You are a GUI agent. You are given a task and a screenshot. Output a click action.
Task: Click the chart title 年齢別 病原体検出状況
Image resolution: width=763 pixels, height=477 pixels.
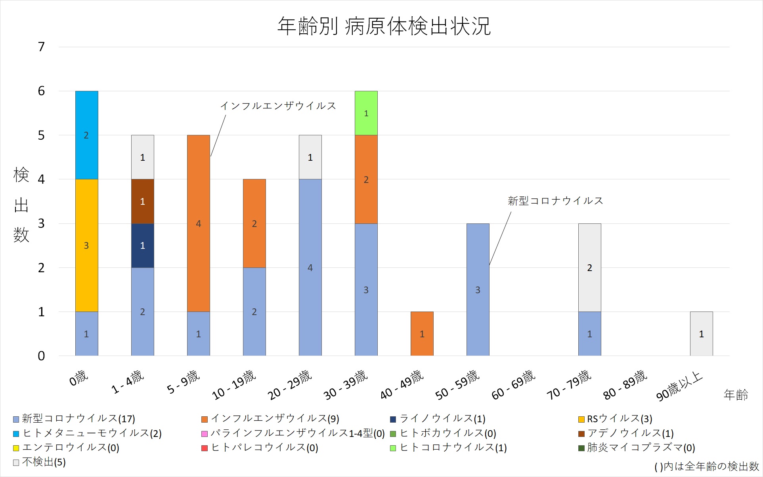pyautogui.click(x=384, y=26)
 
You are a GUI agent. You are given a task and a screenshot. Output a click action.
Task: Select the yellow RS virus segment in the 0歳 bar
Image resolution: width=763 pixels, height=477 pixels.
pyautogui.click(x=86, y=245)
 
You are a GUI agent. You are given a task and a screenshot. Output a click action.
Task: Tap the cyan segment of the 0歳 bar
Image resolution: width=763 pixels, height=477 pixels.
pyautogui.click(x=86, y=135)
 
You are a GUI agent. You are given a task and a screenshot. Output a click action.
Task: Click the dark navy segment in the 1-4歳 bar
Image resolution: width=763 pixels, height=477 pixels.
pyautogui.click(x=143, y=245)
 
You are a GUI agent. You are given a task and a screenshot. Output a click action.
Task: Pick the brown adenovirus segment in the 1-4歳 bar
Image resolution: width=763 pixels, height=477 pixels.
pyautogui.click(x=143, y=201)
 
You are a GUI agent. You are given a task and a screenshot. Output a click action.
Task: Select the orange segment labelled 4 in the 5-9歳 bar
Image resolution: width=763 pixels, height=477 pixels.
pyautogui.click(x=199, y=223)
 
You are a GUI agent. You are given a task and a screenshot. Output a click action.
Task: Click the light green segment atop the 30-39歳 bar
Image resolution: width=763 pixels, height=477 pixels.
pyautogui.click(x=366, y=113)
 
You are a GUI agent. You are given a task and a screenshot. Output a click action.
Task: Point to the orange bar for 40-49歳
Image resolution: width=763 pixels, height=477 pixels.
pyautogui.click(x=422, y=334)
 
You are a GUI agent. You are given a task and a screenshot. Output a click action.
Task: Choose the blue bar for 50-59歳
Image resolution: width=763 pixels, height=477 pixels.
pyautogui.click(x=478, y=290)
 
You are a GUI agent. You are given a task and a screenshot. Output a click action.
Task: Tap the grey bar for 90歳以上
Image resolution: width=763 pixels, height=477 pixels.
pyautogui.click(x=701, y=334)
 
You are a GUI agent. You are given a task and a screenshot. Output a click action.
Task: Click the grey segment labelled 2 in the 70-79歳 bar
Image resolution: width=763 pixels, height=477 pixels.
pyautogui.click(x=589, y=267)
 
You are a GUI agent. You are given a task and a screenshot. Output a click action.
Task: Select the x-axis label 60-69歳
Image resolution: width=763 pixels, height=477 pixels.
pyautogui.click(x=514, y=385)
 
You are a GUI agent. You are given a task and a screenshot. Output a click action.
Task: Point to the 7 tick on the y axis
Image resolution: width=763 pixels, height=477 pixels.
pyautogui.click(x=41, y=47)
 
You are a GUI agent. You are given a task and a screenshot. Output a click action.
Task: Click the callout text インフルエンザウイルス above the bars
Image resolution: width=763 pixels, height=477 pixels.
pyautogui.click(x=278, y=106)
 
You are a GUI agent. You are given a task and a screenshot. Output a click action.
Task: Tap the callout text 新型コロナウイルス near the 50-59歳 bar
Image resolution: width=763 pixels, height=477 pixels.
pyautogui.click(x=555, y=201)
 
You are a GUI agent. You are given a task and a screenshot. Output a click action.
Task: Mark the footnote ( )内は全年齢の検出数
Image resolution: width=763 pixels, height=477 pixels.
pyautogui.click(x=706, y=466)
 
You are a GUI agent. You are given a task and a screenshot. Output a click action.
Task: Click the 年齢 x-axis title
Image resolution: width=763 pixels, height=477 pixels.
pyautogui.click(x=736, y=394)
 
